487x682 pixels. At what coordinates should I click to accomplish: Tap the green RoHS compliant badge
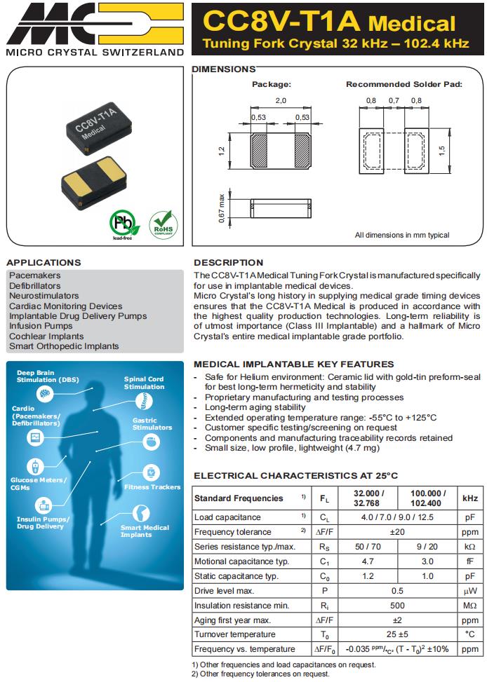164,225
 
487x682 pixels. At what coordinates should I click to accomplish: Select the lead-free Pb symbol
124,225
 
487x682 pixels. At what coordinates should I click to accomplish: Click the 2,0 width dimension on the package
281,101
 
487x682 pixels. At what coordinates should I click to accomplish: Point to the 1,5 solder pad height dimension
442,151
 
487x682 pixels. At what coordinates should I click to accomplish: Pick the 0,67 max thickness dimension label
221,208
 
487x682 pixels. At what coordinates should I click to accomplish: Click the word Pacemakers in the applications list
35,275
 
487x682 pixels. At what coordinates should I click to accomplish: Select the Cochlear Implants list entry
46,336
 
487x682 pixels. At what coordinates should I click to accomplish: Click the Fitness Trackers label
152,486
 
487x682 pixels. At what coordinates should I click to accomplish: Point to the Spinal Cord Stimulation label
144,383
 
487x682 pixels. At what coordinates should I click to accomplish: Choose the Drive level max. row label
225,591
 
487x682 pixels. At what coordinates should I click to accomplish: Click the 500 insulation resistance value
397,606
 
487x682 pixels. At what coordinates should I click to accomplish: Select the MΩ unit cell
469,606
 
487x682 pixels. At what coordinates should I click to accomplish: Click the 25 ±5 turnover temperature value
397,635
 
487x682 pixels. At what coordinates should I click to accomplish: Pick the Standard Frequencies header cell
229,498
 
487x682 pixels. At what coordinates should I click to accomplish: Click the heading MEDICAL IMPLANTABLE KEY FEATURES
293,364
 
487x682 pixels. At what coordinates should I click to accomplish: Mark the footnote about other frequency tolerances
260,674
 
